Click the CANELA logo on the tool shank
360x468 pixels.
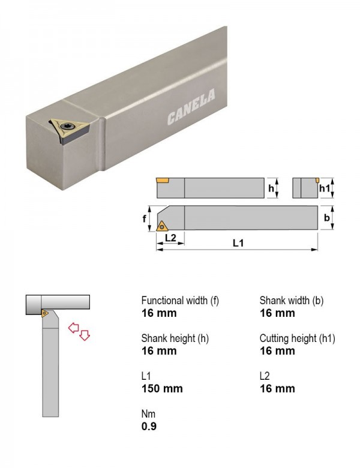coord(191,107)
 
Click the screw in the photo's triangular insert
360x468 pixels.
coord(65,127)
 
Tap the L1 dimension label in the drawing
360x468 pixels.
coord(238,243)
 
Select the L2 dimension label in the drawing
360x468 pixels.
coord(170,238)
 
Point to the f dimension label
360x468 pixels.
coord(145,218)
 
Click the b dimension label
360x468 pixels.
coord(327,218)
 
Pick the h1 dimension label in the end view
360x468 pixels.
coord(325,188)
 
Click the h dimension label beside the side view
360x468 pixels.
coord(271,188)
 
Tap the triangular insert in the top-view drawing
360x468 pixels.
coord(162,227)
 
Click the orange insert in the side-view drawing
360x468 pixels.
coord(163,180)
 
